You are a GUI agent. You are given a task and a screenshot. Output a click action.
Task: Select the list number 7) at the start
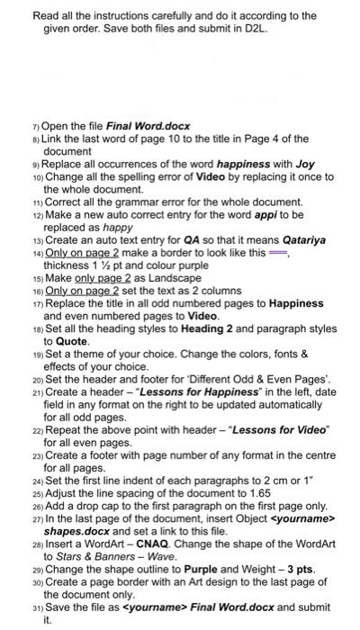(x=34, y=126)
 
